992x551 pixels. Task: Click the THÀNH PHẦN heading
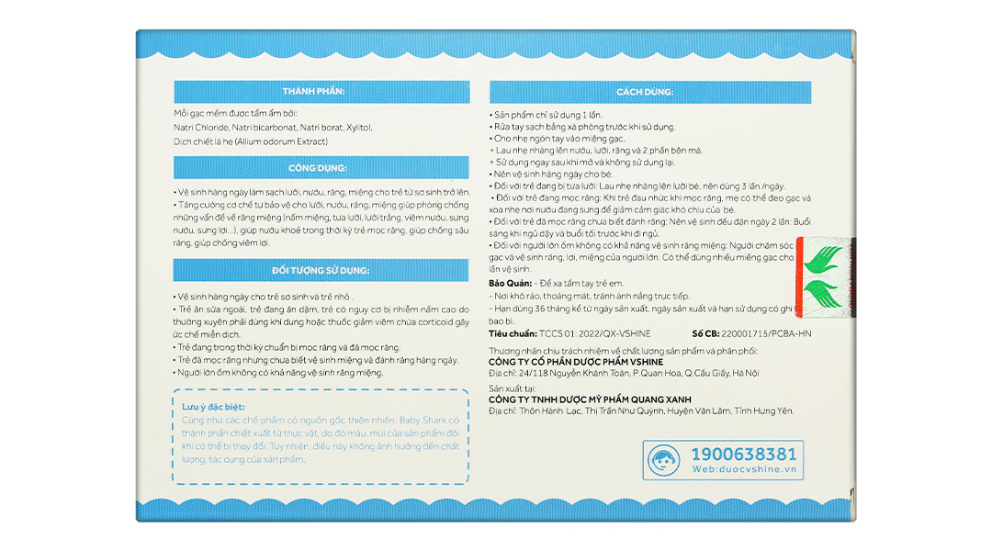pyautogui.click(x=313, y=92)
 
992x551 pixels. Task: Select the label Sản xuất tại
pyautogui.click(x=513, y=388)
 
